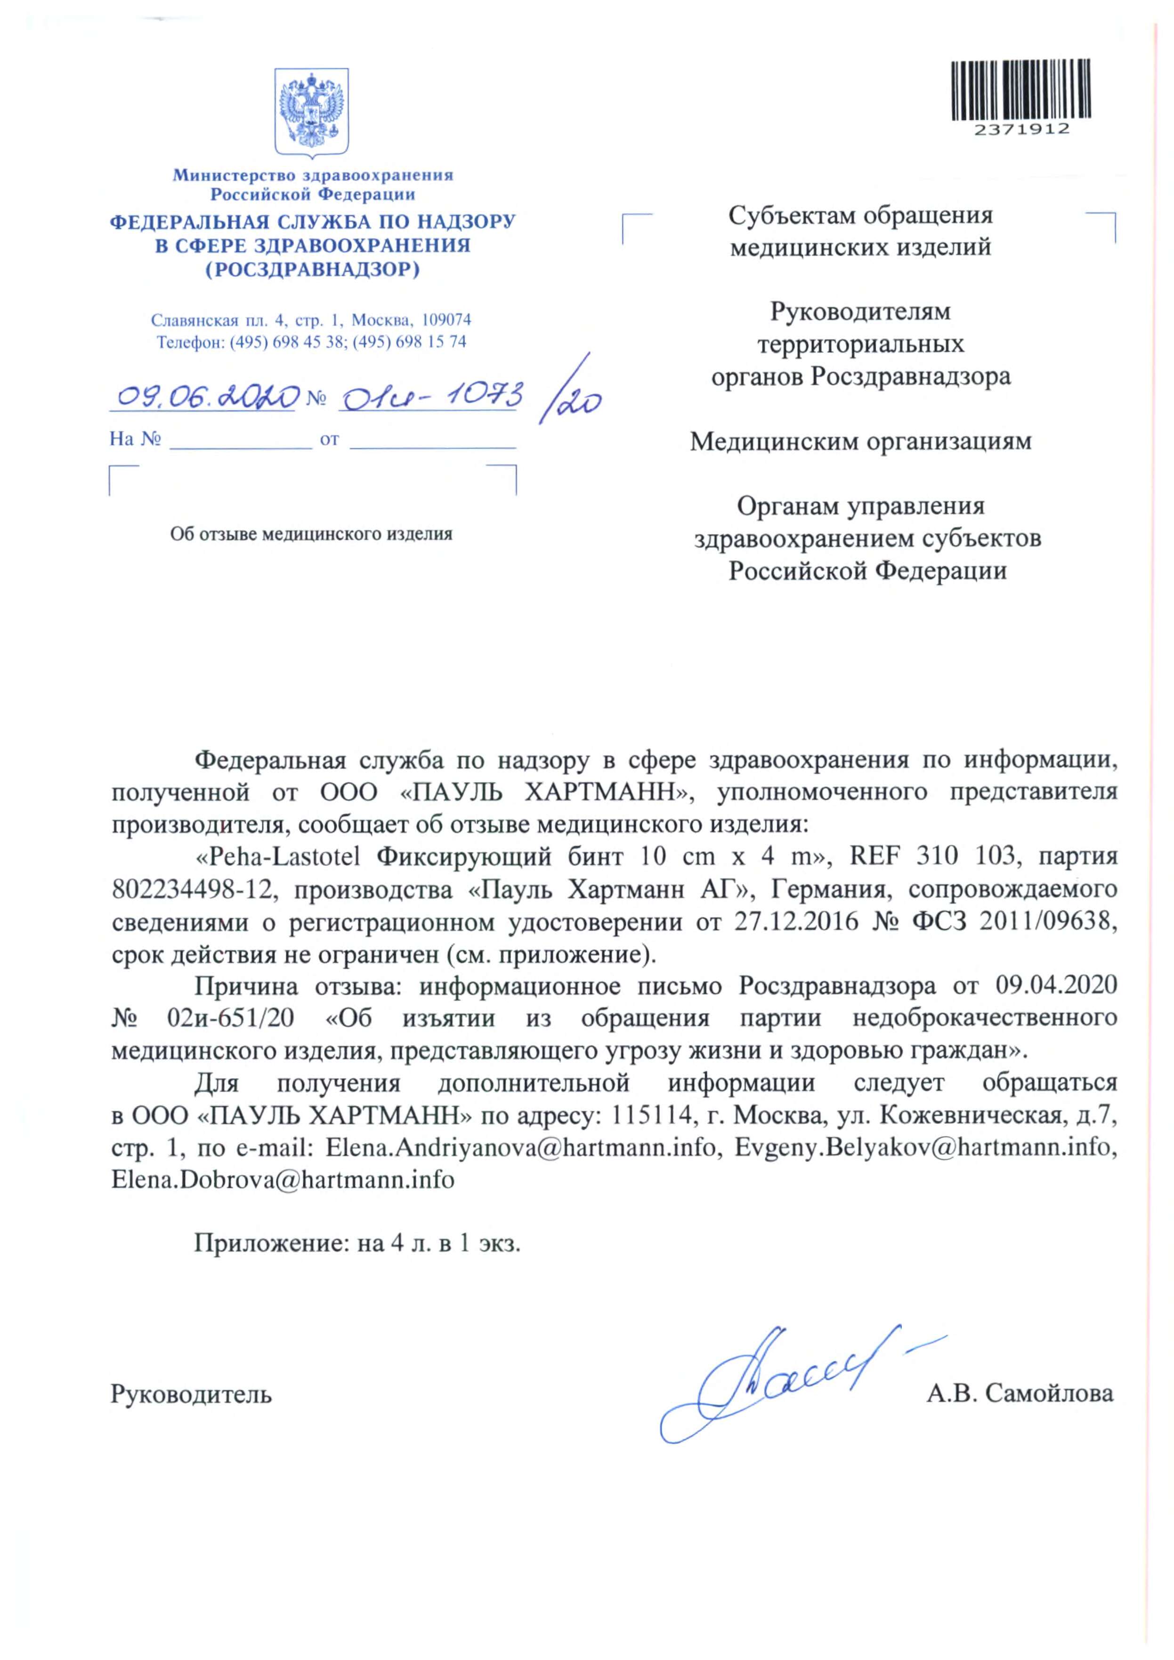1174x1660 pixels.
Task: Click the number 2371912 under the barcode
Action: tap(1021, 130)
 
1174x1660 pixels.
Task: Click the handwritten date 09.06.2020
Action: tap(207, 396)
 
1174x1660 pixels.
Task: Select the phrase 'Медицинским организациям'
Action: tap(860, 440)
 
